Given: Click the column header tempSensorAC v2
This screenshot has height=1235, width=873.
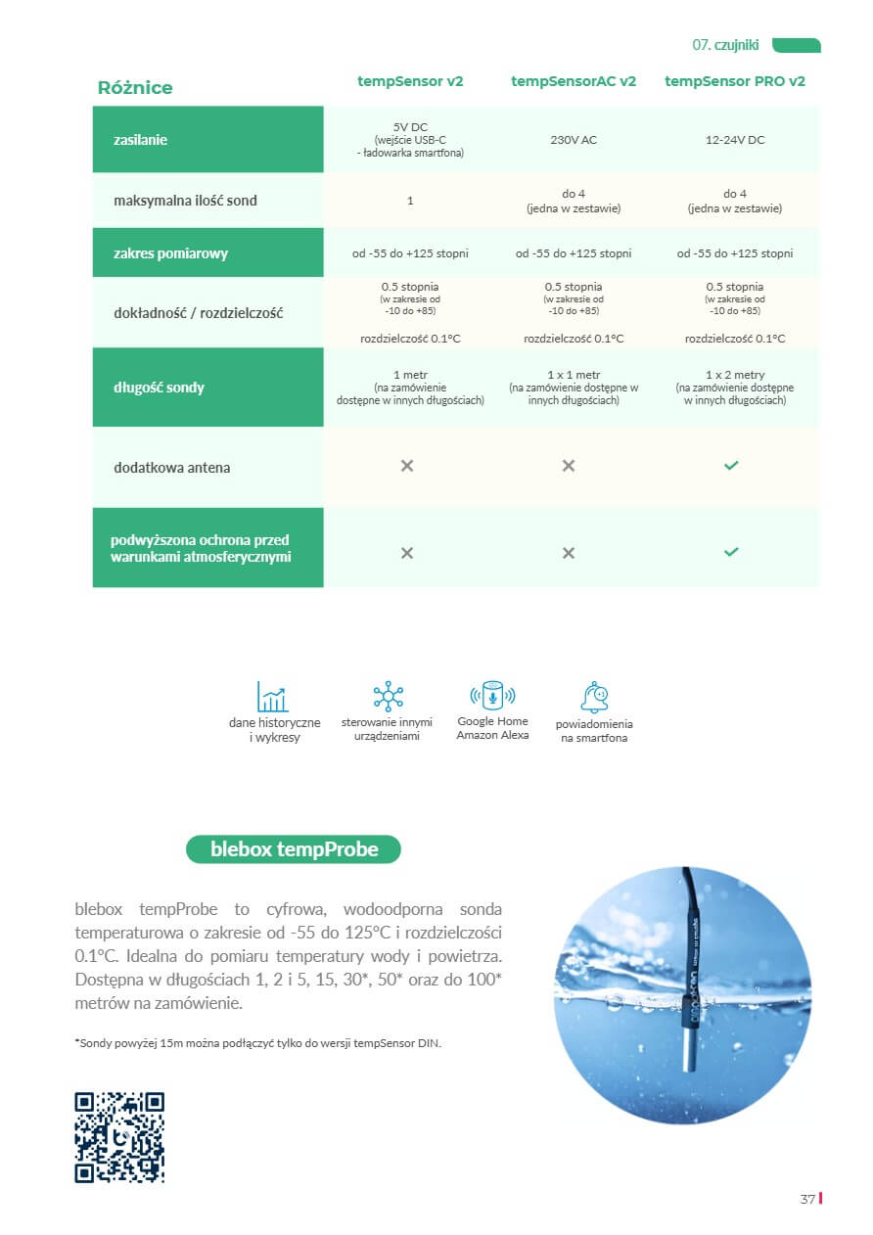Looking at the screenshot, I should [574, 81].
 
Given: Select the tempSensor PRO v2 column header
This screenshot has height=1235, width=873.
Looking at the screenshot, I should [735, 81].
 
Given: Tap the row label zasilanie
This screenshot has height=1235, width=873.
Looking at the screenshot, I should [140, 140].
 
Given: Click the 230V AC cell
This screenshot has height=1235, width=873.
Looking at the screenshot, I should [574, 140].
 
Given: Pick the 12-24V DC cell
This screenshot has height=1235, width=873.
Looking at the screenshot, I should [735, 140].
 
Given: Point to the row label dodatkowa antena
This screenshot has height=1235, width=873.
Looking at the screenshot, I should [172, 468].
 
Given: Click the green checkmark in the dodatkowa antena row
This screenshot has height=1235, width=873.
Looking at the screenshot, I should [731, 466].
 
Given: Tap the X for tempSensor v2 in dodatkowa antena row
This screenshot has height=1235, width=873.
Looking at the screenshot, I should [407, 466].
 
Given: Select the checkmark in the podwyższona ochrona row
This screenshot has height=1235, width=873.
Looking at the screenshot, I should [731, 552].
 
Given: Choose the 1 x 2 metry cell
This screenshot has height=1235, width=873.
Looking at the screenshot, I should [735, 375].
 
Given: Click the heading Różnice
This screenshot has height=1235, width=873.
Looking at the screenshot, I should [135, 88].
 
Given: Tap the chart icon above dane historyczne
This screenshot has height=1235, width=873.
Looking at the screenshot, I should [273, 697].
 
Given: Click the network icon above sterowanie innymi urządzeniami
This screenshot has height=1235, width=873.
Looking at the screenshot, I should [389, 697].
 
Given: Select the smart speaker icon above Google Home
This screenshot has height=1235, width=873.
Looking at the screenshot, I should [492, 696].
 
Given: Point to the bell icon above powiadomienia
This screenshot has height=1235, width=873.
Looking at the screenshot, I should [594, 697].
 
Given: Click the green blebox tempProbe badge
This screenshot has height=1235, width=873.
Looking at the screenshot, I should [294, 849].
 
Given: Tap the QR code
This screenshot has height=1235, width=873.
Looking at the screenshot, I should [119, 1137].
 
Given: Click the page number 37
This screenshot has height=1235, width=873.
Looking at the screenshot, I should [807, 1200].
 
